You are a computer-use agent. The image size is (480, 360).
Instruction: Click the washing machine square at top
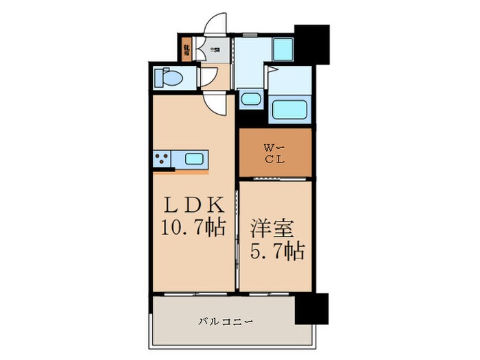pyautogui.click(x=283, y=49)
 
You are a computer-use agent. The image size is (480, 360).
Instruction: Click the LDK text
pyautogui.click(x=191, y=206)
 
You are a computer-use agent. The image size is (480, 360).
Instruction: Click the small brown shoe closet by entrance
pyautogui.click(x=186, y=49)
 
